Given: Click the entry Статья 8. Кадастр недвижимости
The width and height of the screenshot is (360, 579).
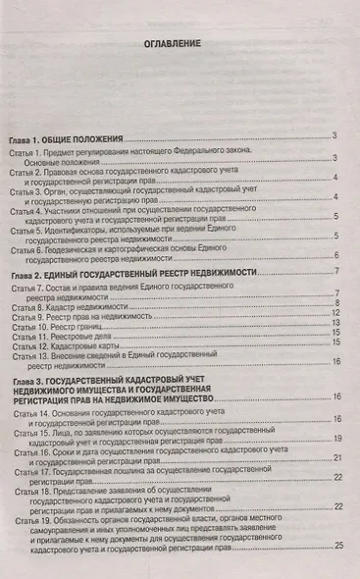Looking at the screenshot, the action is click(75, 309).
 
